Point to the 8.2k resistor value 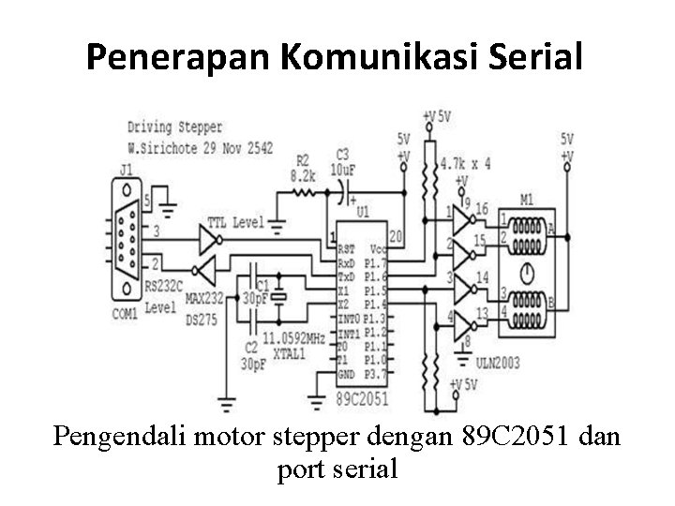[303, 175]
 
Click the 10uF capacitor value [343, 169]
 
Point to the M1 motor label [527, 199]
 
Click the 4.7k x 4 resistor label [465, 163]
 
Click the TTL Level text [230, 223]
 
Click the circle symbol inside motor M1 [527, 275]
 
